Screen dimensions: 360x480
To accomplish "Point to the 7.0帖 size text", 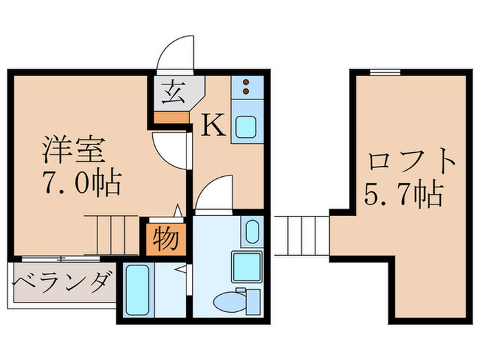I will tap(81, 183).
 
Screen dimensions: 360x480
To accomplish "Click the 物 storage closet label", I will tap(165, 239).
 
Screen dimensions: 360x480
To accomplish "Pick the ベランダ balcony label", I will tap(61, 282).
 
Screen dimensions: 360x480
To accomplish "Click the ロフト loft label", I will tap(411, 163).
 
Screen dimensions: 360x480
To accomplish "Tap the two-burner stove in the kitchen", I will tap(246, 86).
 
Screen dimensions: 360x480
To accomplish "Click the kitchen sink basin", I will tap(246, 127).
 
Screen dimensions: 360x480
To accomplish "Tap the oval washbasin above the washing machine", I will tap(250, 232).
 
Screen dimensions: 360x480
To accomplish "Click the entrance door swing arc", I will tap(175, 55).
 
